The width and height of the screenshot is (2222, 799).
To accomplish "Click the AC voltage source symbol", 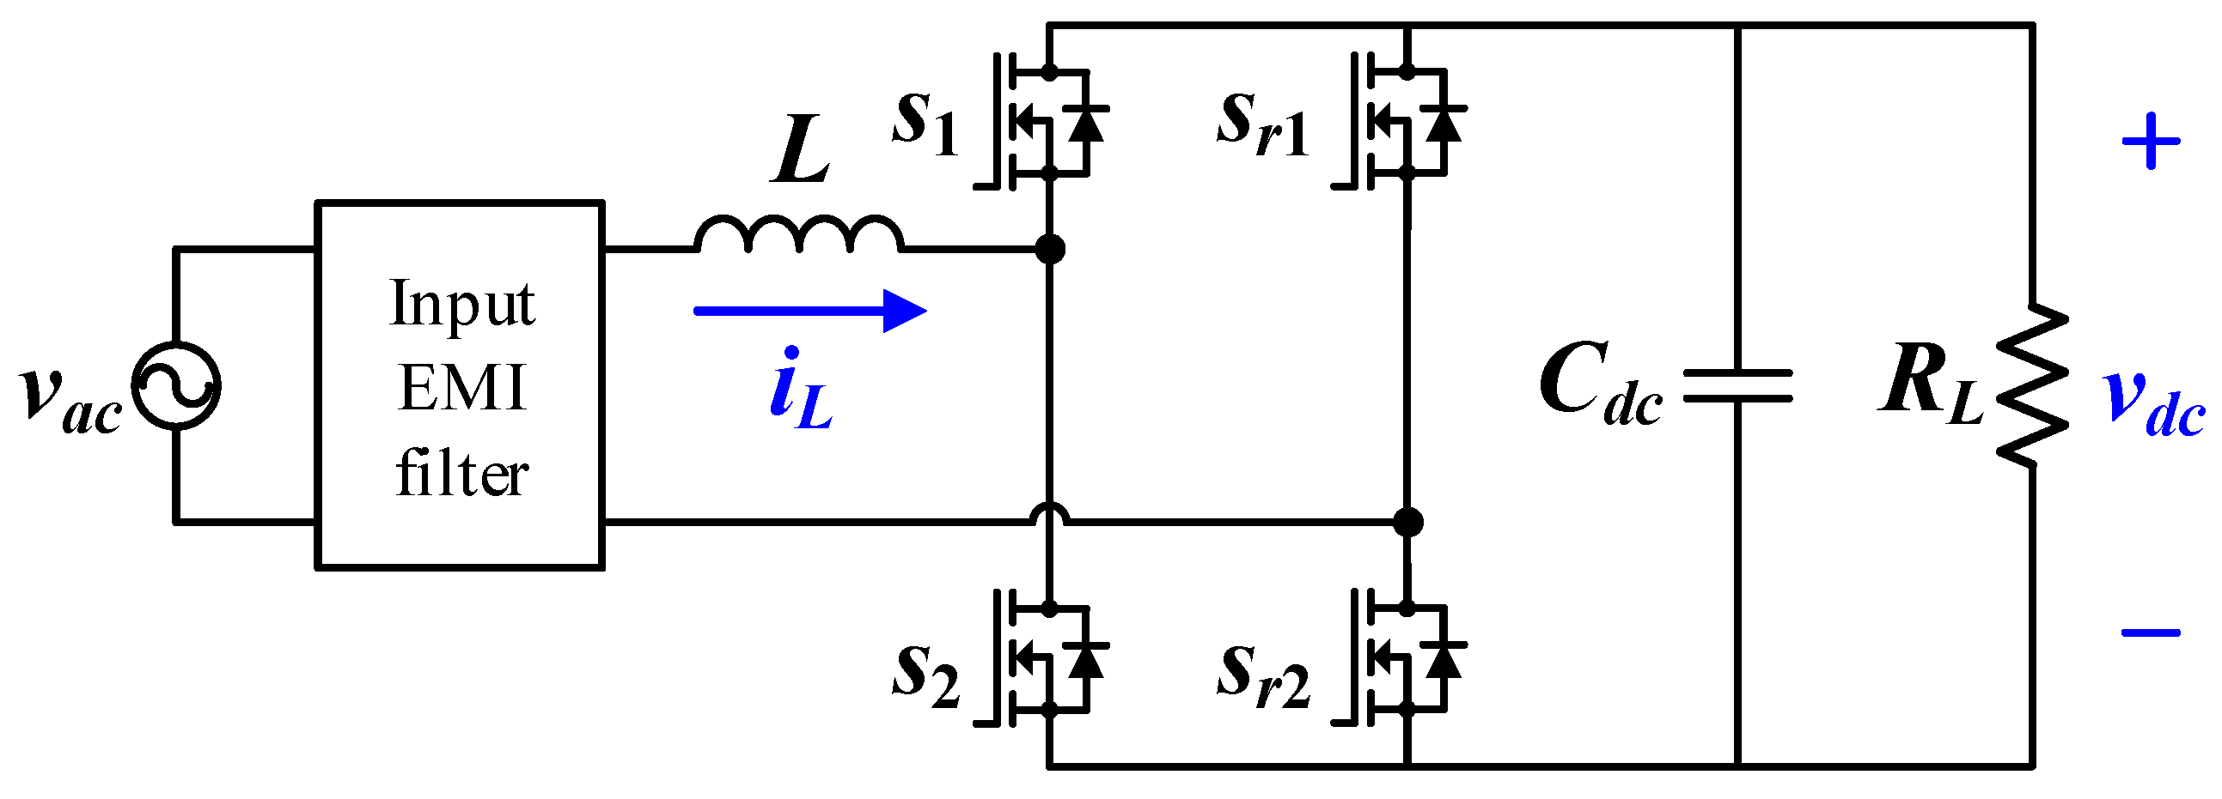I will tap(176, 385).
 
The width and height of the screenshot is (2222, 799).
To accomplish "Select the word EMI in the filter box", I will tap(462, 389).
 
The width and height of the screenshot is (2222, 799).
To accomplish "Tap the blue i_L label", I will tap(800, 389).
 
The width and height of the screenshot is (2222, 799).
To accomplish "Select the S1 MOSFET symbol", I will tap(1044, 122).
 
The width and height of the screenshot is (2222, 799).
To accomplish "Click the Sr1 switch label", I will tap(1262, 124).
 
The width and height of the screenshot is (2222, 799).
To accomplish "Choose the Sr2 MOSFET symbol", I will tap(1401, 658).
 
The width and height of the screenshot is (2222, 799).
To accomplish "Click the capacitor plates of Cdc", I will tap(1737, 385).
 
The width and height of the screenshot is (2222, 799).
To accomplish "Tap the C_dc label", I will tap(1600, 385).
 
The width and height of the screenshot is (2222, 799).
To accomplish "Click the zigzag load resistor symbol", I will tap(2032, 385).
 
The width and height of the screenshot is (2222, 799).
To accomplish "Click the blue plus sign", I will tap(2151, 142).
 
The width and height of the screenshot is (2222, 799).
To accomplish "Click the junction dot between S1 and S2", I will tap(1049, 250).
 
